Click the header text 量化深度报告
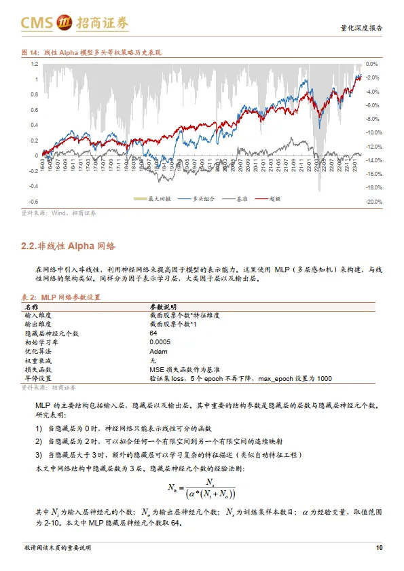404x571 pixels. tap(361, 28)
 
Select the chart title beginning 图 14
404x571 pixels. tap(92, 52)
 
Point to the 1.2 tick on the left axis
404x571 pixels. tap(34, 64)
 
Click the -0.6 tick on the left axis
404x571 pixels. tap(33, 202)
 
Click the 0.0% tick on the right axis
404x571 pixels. tap(371, 64)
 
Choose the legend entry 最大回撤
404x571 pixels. tap(159, 198)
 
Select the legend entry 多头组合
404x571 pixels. tap(198, 198)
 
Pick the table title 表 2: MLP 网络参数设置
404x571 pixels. tap(62, 297)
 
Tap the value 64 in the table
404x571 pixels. tap(153, 333)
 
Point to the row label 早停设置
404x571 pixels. tap(38, 377)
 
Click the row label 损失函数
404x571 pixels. tap(38, 369)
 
